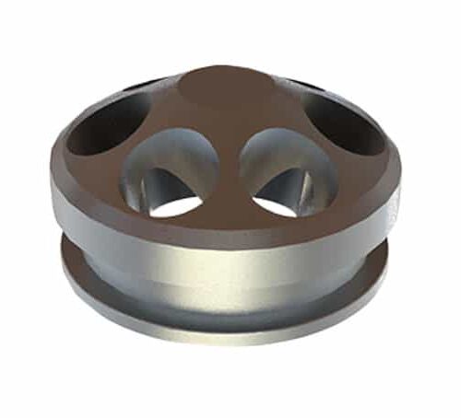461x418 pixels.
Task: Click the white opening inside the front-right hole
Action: pos(276,205)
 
